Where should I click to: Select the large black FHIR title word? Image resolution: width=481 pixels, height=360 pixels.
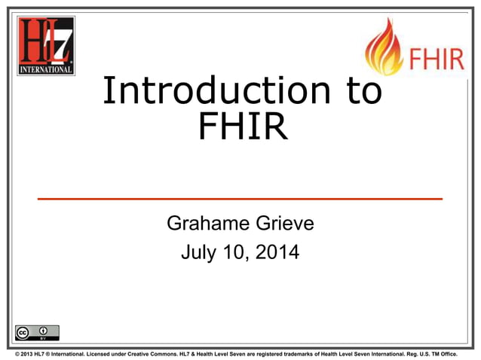point(241,126)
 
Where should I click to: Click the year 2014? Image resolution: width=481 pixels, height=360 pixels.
point(276,252)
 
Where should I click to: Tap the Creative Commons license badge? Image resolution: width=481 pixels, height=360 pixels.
point(35,332)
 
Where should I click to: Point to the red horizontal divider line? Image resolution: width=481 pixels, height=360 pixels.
point(240,198)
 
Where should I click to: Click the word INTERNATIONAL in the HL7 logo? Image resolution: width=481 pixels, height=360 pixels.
point(46,69)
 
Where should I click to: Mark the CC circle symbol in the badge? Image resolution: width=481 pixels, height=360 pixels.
point(24,331)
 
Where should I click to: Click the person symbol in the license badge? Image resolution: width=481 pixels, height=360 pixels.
point(44,331)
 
